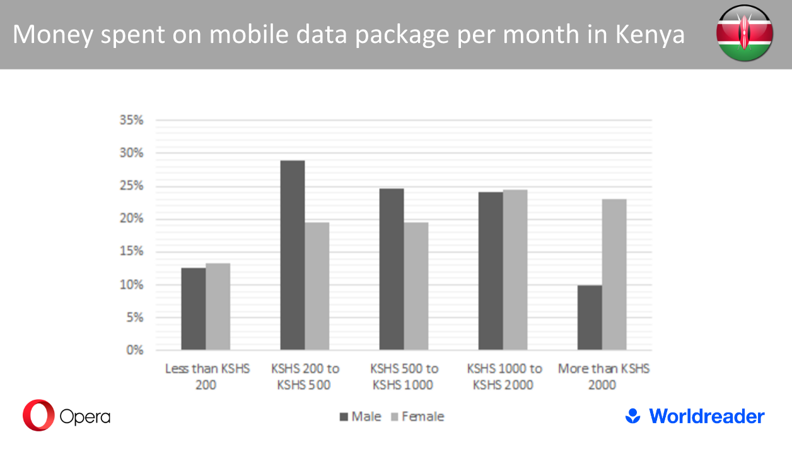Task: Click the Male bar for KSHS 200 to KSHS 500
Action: coord(293,255)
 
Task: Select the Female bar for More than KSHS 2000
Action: coord(615,275)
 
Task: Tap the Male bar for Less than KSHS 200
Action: coord(194,309)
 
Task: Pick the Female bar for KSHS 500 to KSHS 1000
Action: coord(416,286)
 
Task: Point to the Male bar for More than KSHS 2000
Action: coord(590,318)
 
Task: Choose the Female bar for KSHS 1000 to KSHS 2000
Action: coord(515,270)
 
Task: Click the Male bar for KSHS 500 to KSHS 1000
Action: coord(392,269)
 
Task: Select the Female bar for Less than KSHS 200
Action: coord(218,306)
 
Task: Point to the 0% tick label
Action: coord(135,350)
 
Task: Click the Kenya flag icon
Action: coord(744,33)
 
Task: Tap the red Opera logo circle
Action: coord(38,415)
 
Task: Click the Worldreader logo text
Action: coord(706,416)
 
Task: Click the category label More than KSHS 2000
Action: coord(603,376)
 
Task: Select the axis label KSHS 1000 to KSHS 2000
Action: coord(504,376)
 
